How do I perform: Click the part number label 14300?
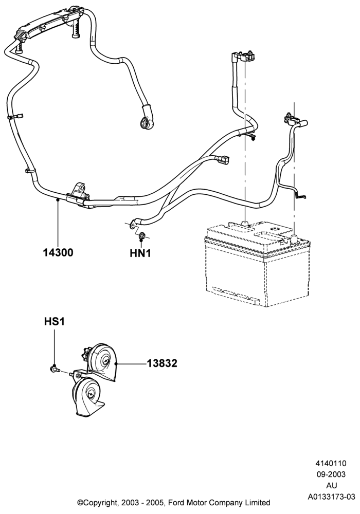58,253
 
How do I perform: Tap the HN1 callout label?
140,253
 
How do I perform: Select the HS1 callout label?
55,322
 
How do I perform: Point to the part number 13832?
162,363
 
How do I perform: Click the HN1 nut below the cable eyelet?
142,235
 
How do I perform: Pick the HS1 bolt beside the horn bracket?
55,369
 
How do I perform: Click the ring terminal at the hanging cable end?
146,123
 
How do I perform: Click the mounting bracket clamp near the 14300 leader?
79,195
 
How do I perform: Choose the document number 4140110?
331,464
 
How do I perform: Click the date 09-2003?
331,474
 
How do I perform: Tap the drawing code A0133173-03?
331,497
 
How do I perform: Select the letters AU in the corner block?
332,486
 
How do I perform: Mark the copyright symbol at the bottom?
80,503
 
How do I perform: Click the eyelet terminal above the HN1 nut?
133,224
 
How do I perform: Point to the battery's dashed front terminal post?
294,238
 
